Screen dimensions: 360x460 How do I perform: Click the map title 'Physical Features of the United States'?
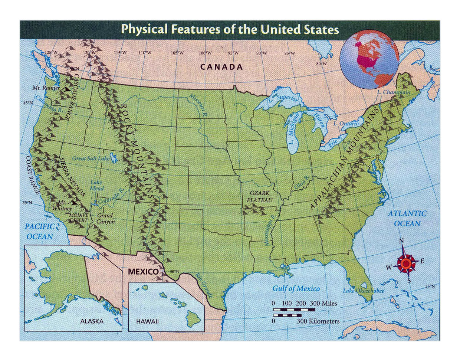point(230,29)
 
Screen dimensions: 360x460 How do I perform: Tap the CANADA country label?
point(221,67)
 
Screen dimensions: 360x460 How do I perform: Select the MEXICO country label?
point(143,272)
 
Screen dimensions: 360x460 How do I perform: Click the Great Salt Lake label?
point(91,158)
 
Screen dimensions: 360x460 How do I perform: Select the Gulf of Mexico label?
point(296,288)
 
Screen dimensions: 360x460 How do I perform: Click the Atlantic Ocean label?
point(407,219)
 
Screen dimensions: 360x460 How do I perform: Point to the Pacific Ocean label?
point(39,231)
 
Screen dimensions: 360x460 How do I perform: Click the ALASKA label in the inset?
point(92,321)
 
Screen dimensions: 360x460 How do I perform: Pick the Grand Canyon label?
point(105,219)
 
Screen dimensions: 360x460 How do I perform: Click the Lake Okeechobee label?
point(363,291)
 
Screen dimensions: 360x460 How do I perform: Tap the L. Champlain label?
point(394,92)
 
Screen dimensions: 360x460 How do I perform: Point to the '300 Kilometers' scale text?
point(318,321)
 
